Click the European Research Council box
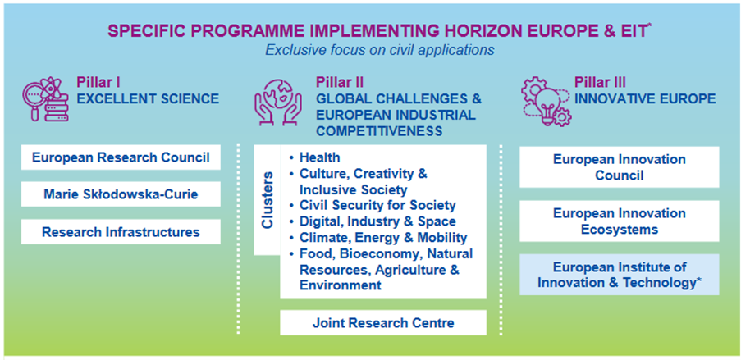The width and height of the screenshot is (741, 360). pos(121,157)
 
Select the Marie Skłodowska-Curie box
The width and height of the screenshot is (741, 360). pos(121,194)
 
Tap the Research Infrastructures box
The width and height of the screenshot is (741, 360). pos(121,232)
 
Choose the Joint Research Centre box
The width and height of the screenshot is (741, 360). pos(382,322)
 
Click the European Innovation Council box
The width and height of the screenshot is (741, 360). pos(620,167)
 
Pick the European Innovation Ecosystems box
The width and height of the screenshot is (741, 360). pos(620,221)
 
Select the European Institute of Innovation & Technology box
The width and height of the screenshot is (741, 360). pos(620,275)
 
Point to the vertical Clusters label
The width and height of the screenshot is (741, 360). pos(268,200)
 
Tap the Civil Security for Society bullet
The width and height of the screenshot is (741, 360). pos(373,206)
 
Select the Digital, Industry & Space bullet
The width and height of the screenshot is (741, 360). pos(373,221)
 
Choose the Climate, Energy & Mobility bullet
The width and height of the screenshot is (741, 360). pos(378,237)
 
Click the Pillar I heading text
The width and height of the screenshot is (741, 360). pos(98,83)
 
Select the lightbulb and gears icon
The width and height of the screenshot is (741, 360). pos(546,101)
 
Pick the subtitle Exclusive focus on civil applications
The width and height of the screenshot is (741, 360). pos(379,49)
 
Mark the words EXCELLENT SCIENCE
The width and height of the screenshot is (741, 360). pos(148,98)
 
